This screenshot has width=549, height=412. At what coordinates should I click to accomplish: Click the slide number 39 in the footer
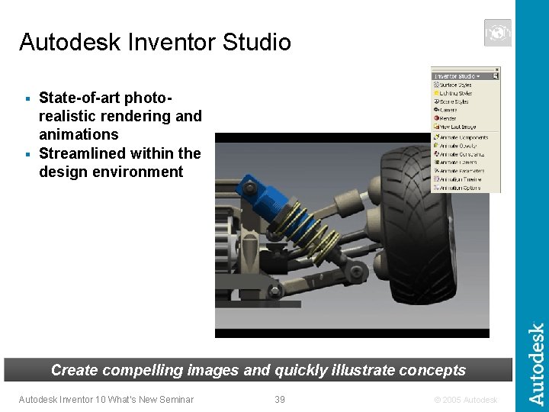[280, 399]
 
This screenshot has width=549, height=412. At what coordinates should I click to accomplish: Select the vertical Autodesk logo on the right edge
[537, 365]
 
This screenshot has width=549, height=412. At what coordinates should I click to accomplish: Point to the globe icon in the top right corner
[497, 33]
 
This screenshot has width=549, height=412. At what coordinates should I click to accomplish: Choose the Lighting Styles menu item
[454, 93]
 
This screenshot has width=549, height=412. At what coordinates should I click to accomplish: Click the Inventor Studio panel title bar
[457, 76]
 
